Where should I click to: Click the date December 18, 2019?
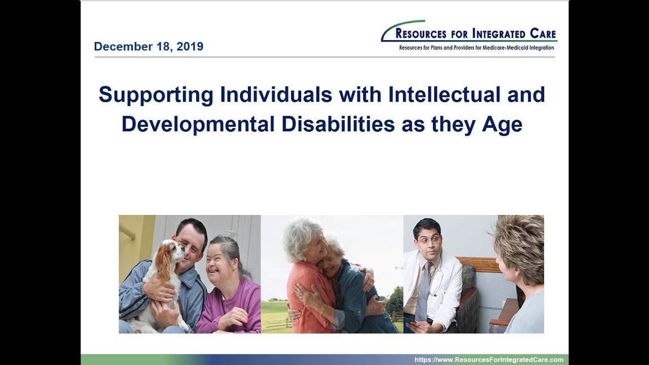(149, 47)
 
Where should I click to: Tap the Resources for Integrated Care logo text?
(476, 34)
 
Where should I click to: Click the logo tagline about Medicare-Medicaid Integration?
(476, 48)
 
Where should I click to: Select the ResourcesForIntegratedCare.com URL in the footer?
(489, 359)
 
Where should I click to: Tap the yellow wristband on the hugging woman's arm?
(322, 309)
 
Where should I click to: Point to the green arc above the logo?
(401, 25)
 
